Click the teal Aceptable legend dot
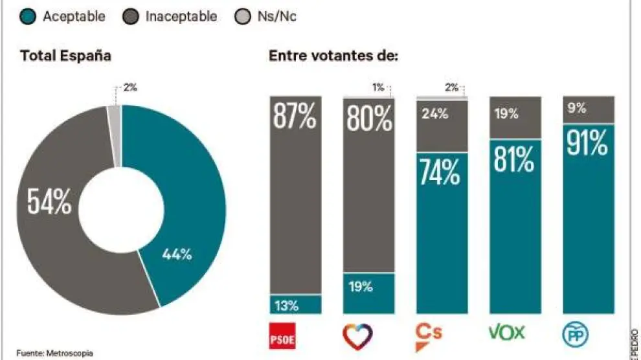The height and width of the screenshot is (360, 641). pyautogui.click(x=28, y=17)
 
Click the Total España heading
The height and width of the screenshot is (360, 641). pyautogui.click(x=65, y=56)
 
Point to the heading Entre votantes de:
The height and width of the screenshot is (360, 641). pyautogui.click(x=333, y=56)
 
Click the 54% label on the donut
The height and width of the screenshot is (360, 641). pyautogui.click(x=49, y=202)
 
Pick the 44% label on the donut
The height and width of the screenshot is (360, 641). pyautogui.click(x=177, y=254)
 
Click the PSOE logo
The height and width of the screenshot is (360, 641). pyautogui.click(x=285, y=335)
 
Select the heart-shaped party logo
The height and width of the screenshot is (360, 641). pyautogui.click(x=358, y=335)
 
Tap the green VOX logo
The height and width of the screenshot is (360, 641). pyautogui.click(x=506, y=333)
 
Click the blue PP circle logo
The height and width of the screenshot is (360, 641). pyautogui.click(x=578, y=335)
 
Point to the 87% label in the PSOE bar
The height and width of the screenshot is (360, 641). pyautogui.click(x=295, y=118)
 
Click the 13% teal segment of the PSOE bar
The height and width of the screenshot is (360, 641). pyautogui.click(x=295, y=305)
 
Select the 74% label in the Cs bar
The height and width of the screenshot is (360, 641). pyautogui.click(x=442, y=171)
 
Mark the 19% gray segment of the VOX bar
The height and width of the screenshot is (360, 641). pyautogui.click(x=515, y=117)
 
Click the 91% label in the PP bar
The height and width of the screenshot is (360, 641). pyautogui.click(x=588, y=143)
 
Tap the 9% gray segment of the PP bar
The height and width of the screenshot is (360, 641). pyautogui.click(x=588, y=109)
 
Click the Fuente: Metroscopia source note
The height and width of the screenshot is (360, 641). pyautogui.click(x=54, y=354)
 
